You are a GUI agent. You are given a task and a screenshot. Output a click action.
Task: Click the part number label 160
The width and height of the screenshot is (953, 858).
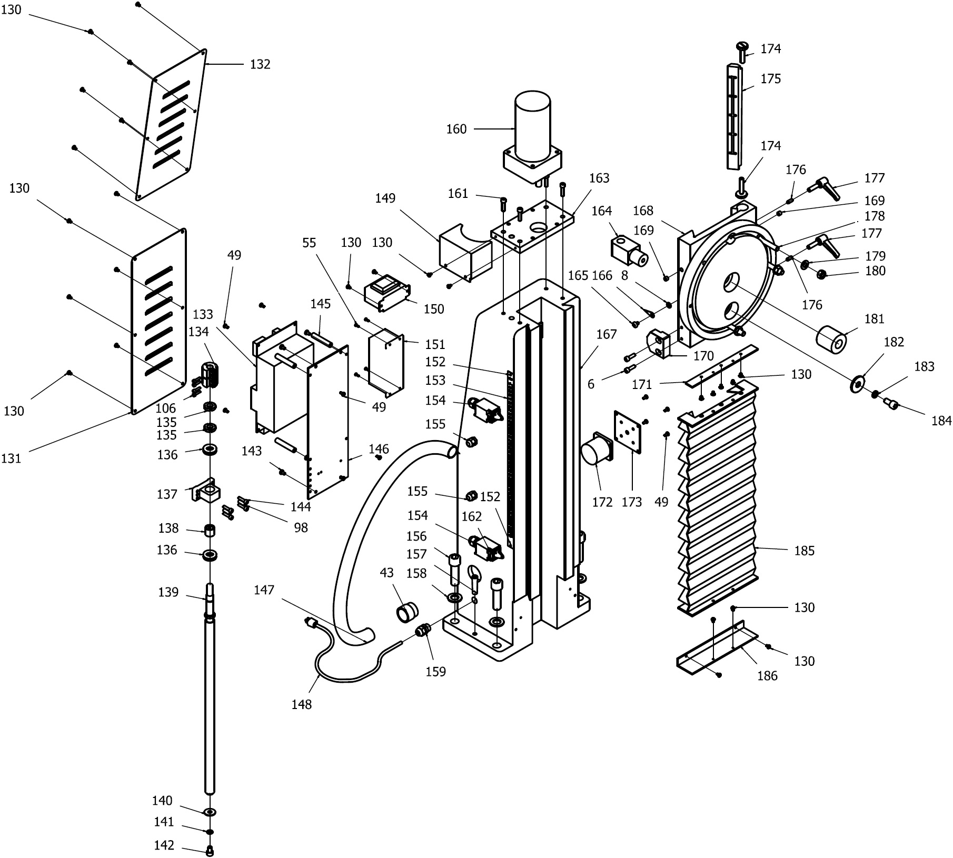coord(456,129)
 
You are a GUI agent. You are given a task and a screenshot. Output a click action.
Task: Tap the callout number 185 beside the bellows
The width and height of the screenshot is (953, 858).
coord(804,551)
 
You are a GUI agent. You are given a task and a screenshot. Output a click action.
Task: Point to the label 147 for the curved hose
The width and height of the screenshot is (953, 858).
coord(264,590)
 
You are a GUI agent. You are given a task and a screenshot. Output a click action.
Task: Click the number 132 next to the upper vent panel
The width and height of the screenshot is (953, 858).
coord(260,64)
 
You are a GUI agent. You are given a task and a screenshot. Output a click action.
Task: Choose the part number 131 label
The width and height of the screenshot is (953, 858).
coord(11,458)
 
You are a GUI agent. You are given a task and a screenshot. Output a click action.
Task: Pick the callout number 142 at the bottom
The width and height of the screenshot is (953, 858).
coord(164,845)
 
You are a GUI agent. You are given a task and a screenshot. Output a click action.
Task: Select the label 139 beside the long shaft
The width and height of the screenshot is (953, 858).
coord(168,592)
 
